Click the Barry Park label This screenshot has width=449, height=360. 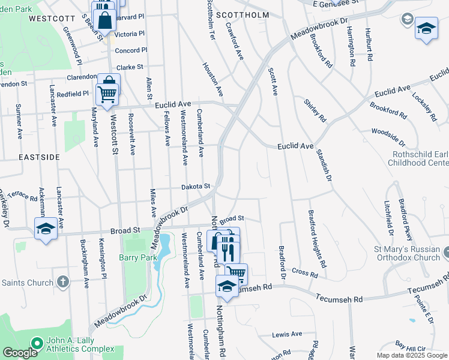point(139,257)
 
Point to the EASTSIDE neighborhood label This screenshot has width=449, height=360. point(39,157)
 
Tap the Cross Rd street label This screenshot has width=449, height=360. point(304,272)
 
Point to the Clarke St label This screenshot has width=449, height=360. point(130,67)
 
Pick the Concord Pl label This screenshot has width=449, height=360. point(127,50)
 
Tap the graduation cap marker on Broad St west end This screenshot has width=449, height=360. point(46,230)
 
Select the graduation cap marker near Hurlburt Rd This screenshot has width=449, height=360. point(426,28)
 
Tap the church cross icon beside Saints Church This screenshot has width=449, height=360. point(63,282)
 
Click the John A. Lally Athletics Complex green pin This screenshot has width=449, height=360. point(37,344)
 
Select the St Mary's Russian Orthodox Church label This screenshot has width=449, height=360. point(411,253)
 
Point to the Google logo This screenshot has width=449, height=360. point(20,353)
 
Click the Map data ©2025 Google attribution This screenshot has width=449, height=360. point(411,355)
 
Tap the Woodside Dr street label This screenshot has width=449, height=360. point(389,136)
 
